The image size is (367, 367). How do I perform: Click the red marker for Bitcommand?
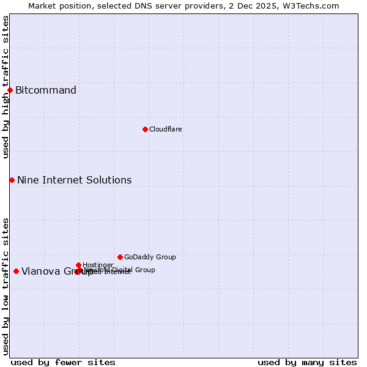click(x=10, y=91)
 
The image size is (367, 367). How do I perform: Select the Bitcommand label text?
click(x=46, y=91)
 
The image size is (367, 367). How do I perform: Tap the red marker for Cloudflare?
click(x=145, y=129)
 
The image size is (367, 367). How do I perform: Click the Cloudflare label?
click(x=166, y=129)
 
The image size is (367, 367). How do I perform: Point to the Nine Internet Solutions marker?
click(x=12, y=180)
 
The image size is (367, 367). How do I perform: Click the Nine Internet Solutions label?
click(x=74, y=180)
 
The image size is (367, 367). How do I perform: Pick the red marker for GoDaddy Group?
click(x=120, y=257)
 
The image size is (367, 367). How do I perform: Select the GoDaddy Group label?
click(x=150, y=257)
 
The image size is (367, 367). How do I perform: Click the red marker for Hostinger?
click(x=79, y=265)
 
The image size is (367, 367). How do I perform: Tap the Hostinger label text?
click(x=98, y=265)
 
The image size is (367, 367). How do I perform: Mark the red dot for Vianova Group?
click(x=16, y=271)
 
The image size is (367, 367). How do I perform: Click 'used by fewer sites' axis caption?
click(x=63, y=362)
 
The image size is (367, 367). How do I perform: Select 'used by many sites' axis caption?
click(x=307, y=362)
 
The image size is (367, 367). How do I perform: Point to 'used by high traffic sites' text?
click(x=6, y=87)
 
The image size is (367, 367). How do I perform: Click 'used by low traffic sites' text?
click(x=6, y=286)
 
